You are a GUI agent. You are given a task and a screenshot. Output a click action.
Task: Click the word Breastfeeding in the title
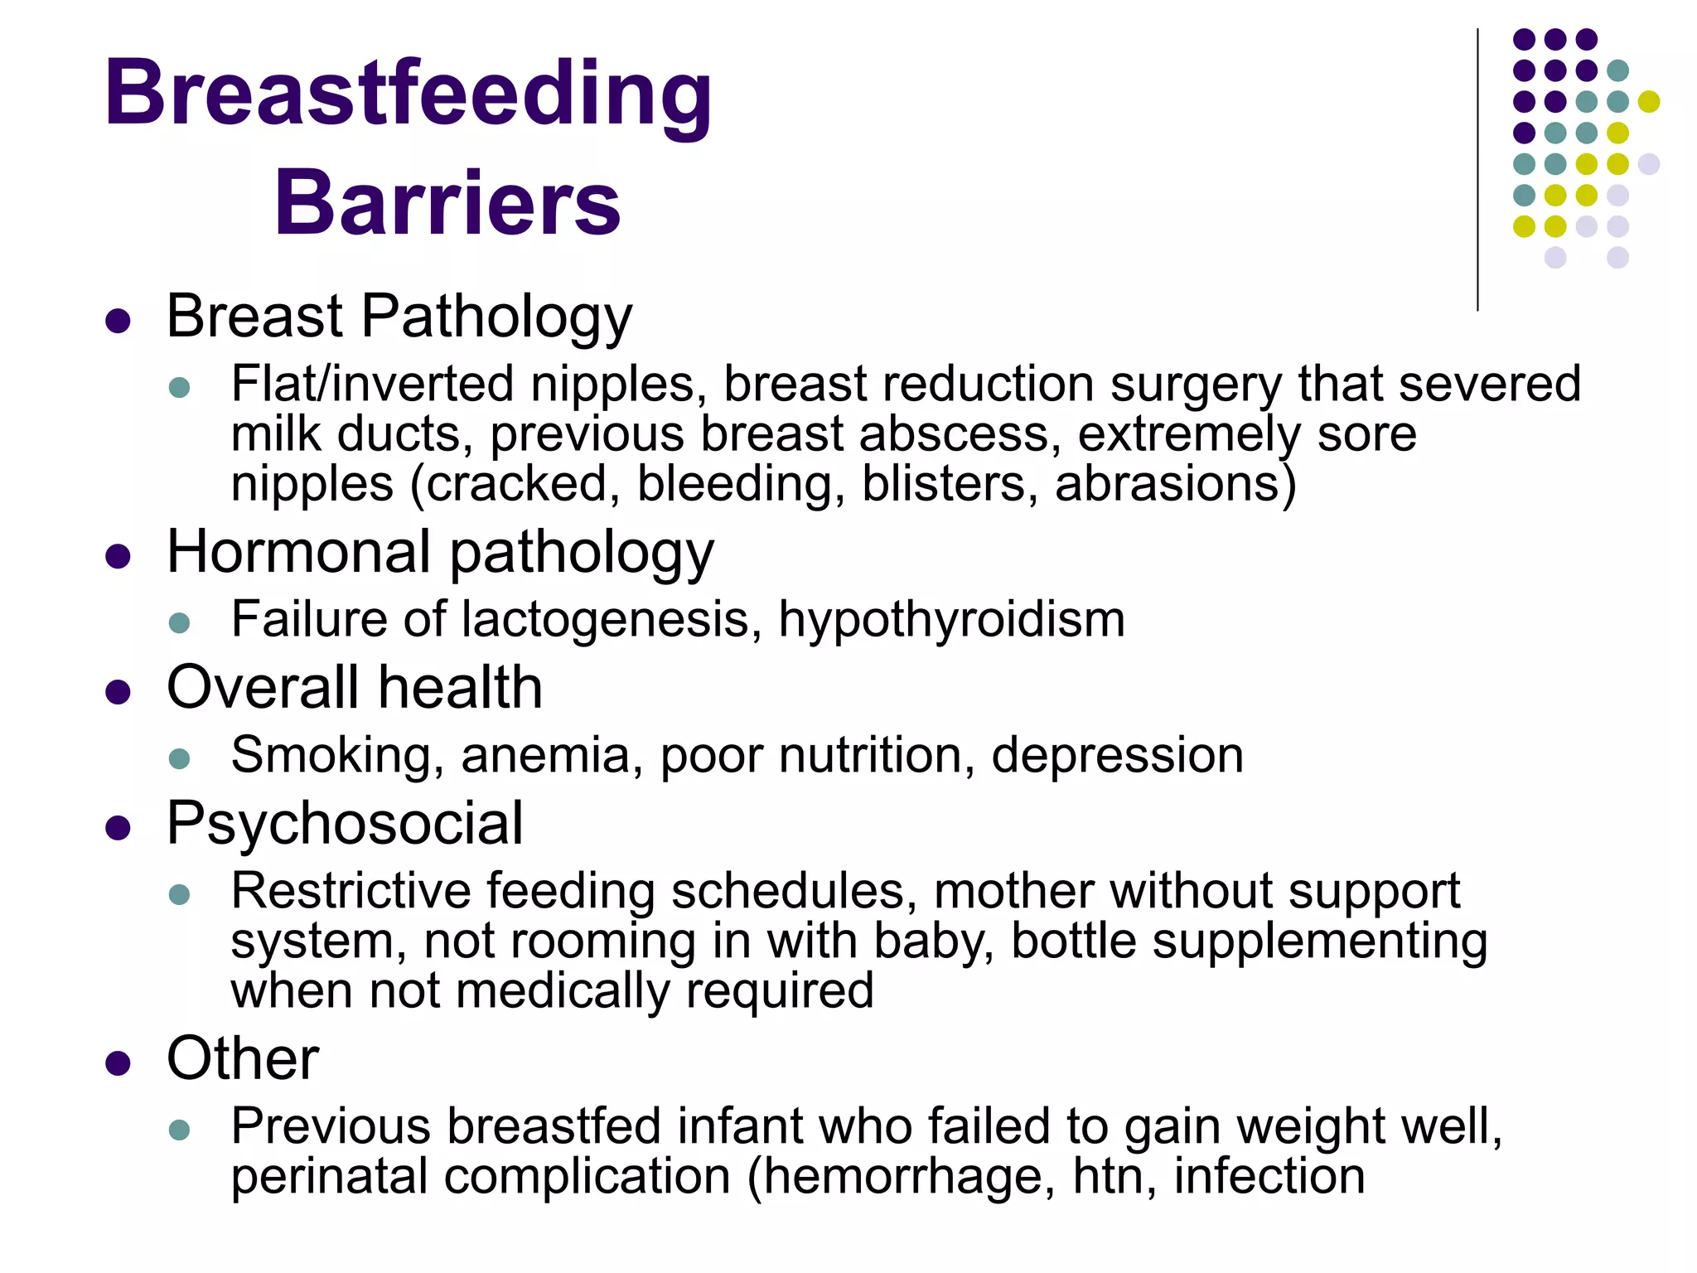click(408, 95)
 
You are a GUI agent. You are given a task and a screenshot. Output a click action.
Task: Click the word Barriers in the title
click(447, 203)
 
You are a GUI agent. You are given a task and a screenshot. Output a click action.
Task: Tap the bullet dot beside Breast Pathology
click(118, 321)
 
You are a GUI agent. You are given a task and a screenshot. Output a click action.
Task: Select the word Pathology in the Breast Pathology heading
click(496, 317)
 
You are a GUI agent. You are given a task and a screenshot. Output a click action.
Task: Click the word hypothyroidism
click(951, 620)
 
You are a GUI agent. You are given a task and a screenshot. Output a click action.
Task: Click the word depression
click(1117, 756)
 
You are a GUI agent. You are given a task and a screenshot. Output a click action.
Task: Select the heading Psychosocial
click(345, 825)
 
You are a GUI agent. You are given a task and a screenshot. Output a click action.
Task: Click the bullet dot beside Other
click(118, 1063)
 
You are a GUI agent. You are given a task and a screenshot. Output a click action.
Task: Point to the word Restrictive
click(351, 891)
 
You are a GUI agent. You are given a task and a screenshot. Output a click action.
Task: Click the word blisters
click(949, 484)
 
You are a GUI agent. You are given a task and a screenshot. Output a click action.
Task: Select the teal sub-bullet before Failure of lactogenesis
click(179, 622)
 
